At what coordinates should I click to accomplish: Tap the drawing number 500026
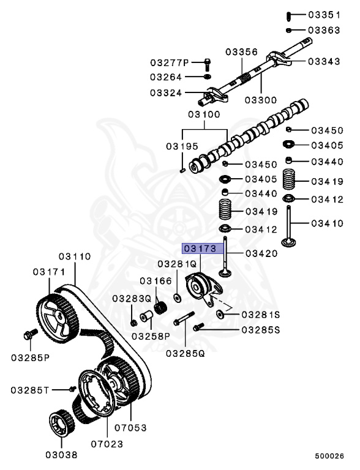pos(331,456)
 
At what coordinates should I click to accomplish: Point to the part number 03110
pos(75,256)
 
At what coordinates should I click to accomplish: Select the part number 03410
pos(327,223)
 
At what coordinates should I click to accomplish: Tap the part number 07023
pos(107,444)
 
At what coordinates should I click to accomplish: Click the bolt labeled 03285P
pos(28,335)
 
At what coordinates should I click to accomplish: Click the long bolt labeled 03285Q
pos(184,319)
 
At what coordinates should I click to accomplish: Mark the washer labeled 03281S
pos(220,315)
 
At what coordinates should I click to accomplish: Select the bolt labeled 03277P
pos(207,62)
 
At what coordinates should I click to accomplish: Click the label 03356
pos(239,52)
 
